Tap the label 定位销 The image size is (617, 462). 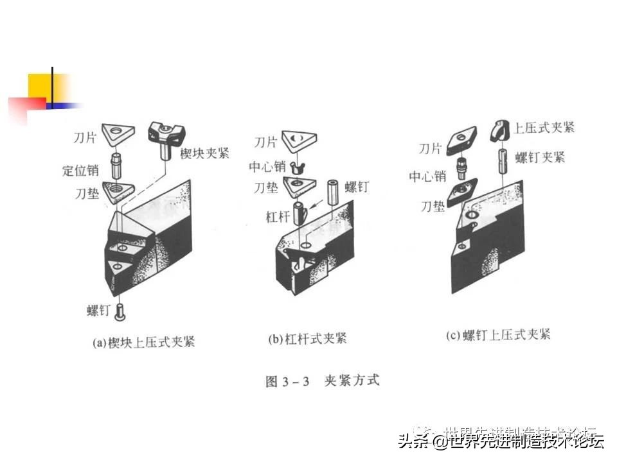[80, 171]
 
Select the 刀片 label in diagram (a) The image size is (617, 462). [87, 137]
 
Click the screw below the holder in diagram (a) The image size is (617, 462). [120, 312]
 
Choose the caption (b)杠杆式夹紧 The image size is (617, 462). [307, 338]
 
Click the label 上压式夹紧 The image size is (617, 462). [544, 127]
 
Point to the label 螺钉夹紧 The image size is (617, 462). [540, 157]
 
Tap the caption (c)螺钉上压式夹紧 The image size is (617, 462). [498, 335]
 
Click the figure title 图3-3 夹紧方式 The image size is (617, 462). [323, 381]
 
